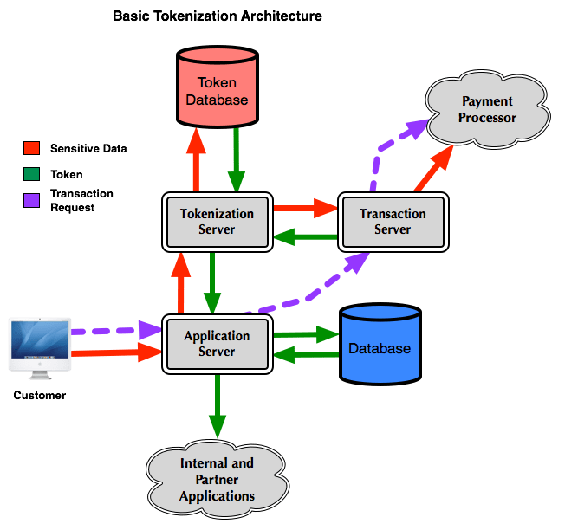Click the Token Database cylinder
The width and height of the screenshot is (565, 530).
(218, 87)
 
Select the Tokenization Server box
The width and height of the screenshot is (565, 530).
(218, 222)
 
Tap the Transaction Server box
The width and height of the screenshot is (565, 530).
(393, 222)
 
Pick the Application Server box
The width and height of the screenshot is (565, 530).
(218, 344)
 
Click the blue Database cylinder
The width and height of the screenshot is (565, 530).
(380, 344)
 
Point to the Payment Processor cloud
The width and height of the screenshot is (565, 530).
(488, 109)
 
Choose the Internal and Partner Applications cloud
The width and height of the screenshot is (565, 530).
(218, 479)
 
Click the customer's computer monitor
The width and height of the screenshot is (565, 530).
(40, 348)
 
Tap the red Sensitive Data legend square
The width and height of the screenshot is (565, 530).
(32, 148)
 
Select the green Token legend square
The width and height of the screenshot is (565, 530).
(32, 174)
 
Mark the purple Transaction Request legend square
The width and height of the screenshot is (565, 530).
(32, 201)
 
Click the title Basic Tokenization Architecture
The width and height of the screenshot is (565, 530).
(218, 16)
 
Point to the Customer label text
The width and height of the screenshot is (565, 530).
(40, 396)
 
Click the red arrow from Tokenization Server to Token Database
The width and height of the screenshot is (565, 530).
(196, 160)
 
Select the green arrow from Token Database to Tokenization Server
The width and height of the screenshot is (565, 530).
(237, 160)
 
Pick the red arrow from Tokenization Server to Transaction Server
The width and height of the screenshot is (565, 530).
(306, 208)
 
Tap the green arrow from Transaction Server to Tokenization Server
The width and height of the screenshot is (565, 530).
(306, 237)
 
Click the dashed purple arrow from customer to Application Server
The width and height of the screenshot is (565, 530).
(116, 331)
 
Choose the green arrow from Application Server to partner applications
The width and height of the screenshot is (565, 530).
(218, 406)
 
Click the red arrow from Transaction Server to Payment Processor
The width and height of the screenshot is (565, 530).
(433, 169)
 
